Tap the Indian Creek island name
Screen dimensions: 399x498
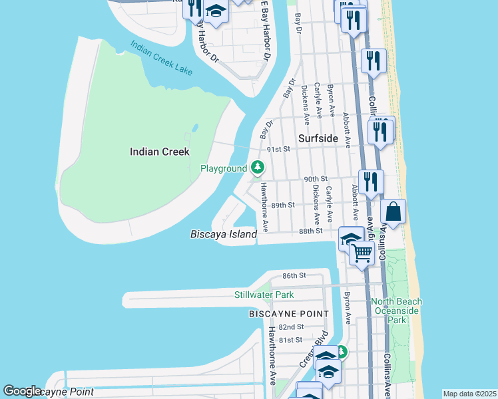pos(160,152)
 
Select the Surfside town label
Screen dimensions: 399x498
pos(318,138)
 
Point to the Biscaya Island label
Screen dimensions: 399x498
pos(224,234)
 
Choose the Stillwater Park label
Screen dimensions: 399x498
pos(264,295)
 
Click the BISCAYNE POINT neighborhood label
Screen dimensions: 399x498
pos(289,313)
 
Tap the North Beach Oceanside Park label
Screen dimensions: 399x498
pos(397,311)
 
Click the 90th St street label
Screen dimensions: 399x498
pos(316,179)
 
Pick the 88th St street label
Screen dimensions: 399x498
pos(310,231)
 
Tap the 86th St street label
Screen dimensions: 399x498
pos(294,275)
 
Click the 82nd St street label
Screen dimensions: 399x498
pos(291,327)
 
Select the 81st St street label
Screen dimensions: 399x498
pos(291,340)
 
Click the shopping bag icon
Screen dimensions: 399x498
pos(393,212)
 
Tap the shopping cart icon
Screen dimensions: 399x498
pos(362,253)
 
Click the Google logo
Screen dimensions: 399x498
pos(22,391)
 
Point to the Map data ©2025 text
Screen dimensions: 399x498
pos(469,394)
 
